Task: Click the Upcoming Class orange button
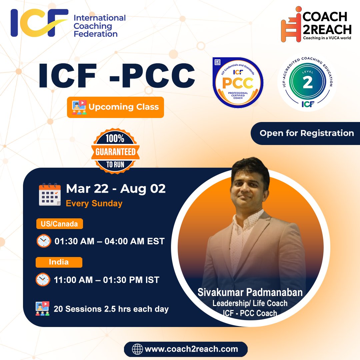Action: pyautogui.click(x=115, y=107)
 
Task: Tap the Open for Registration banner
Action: pyautogui.click(x=306, y=133)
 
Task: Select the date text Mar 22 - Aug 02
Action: pyautogui.click(x=116, y=189)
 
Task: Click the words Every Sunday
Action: pyautogui.click(x=94, y=203)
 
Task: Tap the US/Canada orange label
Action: pyautogui.click(x=59, y=224)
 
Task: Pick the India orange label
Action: pyautogui.click(x=59, y=262)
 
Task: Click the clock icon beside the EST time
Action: pyautogui.click(x=44, y=241)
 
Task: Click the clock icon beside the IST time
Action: pyautogui.click(x=43, y=280)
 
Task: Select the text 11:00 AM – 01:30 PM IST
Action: pyautogui.click(x=107, y=280)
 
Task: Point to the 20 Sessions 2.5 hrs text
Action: pyautogui.click(x=117, y=309)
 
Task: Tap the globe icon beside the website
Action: pyautogui.click(x=137, y=349)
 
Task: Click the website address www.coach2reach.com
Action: pyautogui.click(x=191, y=349)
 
